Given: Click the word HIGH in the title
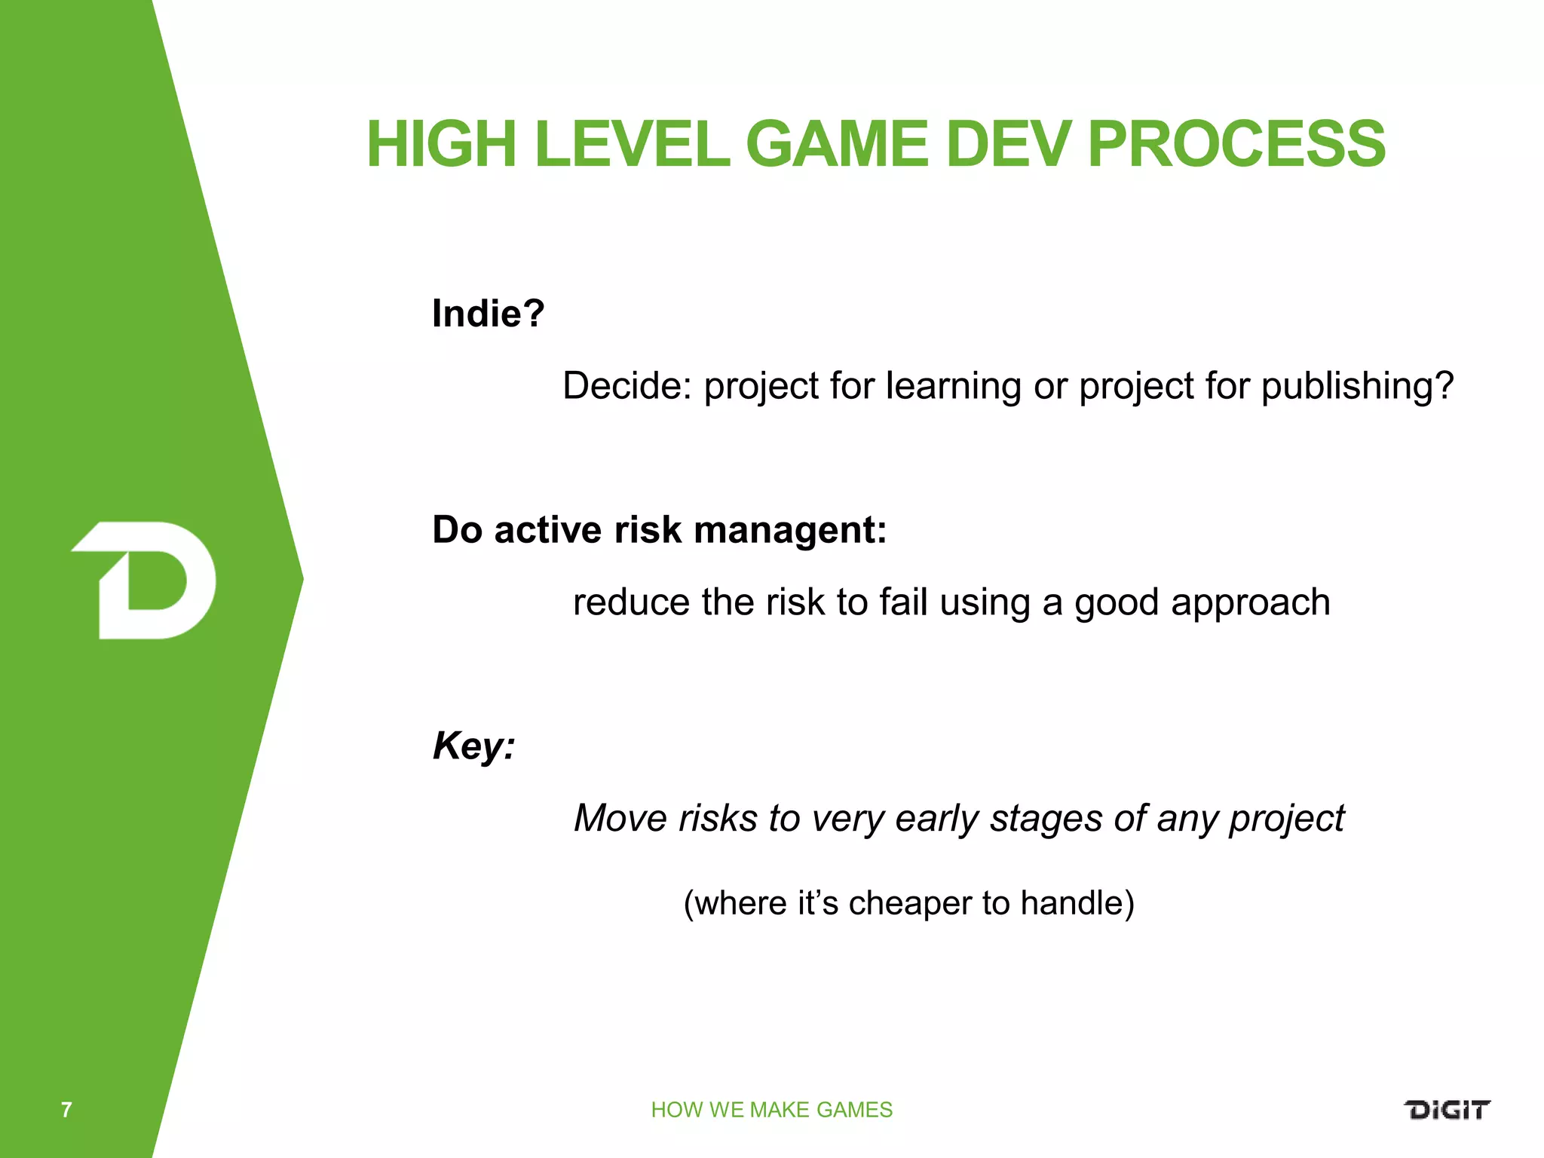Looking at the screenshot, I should (x=442, y=144).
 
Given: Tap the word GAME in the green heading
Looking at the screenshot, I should (x=836, y=144).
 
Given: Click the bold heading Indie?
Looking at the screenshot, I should (x=488, y=313).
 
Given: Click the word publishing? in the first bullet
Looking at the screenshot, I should (x=1356, y=386).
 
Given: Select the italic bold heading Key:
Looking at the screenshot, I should (x=473, y=746).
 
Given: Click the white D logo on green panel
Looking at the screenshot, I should (x=145, y=580).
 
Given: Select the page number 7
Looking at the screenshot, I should (x=66, y=1110).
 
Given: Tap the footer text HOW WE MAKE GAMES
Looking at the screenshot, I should (x=771, y=1110).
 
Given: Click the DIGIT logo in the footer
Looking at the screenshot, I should (x=1446, y=1110).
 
